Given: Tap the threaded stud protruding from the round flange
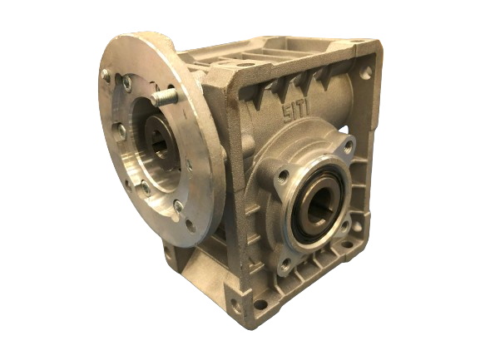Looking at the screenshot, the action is (165, 97).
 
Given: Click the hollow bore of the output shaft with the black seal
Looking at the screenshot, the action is (319, 206).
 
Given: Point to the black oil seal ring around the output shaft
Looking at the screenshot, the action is (319, 204).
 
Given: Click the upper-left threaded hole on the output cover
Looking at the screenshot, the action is (283, 177).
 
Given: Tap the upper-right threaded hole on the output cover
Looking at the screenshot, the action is (349, 148).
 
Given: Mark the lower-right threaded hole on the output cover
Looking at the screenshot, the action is (345, 227).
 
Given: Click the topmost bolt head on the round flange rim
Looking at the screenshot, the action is (106, 75).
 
